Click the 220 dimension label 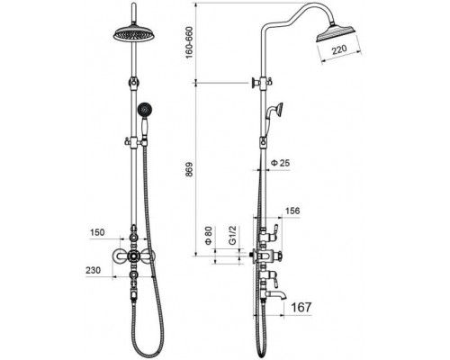point(339,49)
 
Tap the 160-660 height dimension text point(189,42)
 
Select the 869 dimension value point(190,171)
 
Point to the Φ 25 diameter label point(281,163)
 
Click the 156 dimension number point(292,211)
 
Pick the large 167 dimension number point(301,307)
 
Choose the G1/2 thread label point(232,236)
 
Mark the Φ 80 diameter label point(209,236)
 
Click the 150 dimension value point(97,232)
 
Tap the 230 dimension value point(94,270)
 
